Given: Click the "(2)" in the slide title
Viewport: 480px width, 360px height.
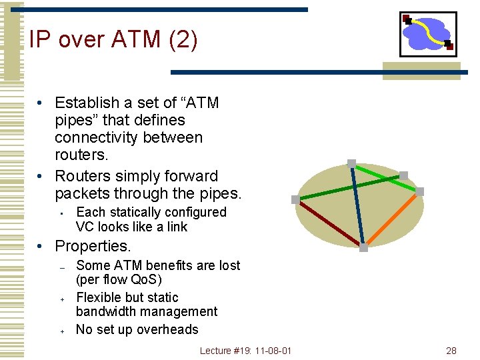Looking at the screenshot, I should (x=183, y=40).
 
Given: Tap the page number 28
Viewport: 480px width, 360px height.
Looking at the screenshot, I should (x=451, y=351).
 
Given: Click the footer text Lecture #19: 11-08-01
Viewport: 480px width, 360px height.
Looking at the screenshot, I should (x=245, y=351).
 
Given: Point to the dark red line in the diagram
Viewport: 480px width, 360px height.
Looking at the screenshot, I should (x=327, y=222).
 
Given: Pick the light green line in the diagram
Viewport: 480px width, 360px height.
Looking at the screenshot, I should (x=377, y=169).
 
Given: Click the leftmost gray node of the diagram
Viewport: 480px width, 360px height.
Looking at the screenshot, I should (x=295, y=199).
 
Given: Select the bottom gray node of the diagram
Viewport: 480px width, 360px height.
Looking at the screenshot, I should (x=363, y=247).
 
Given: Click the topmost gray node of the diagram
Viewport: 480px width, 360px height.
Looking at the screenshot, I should (x=351, y=163).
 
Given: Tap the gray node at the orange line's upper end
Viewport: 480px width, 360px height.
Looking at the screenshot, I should (x=419, y=191).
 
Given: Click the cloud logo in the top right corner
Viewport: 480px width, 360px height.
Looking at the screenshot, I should (x=428, y=33).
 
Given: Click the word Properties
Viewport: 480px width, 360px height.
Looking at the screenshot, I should (x=93, y=246).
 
